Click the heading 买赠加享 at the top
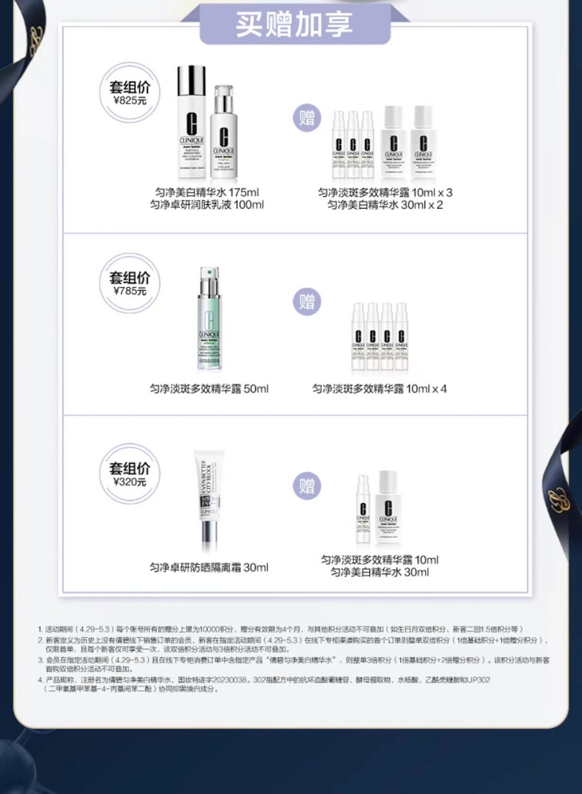[x=294, y=23]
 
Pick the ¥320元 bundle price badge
[x=129, y=474]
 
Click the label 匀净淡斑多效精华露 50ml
[x=209, y=388]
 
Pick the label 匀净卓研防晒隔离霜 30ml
[x=209, y=568]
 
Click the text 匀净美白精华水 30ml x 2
[x=385, y=205]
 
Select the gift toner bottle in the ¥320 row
[x=387, y=506]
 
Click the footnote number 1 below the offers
[x=40, y=629]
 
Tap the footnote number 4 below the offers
[x=40, y=680]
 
